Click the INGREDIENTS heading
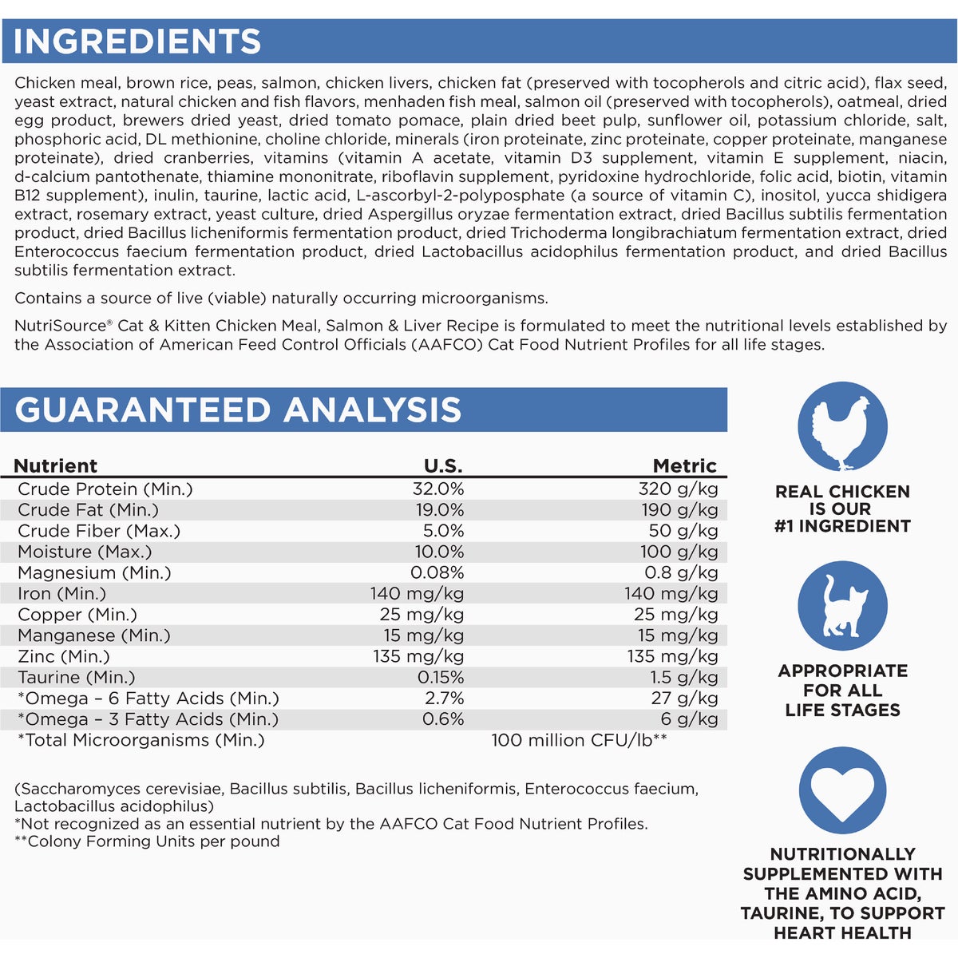point(137,42)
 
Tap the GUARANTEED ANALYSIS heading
point(238,410)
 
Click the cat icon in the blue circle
point(842,606)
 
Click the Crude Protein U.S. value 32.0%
point(437,489)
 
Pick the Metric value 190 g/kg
point(679,510)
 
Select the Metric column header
point(685,466)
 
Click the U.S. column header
point(443,466)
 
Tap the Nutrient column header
point(55,466)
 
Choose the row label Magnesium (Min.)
point(94,573)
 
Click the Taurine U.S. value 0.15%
point(441,678)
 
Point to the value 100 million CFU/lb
point(579,741)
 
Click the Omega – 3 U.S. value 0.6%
point(443,719)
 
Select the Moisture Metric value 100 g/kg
point(679,552)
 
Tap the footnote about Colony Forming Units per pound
point(147,841)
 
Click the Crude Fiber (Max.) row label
point(99,531)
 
